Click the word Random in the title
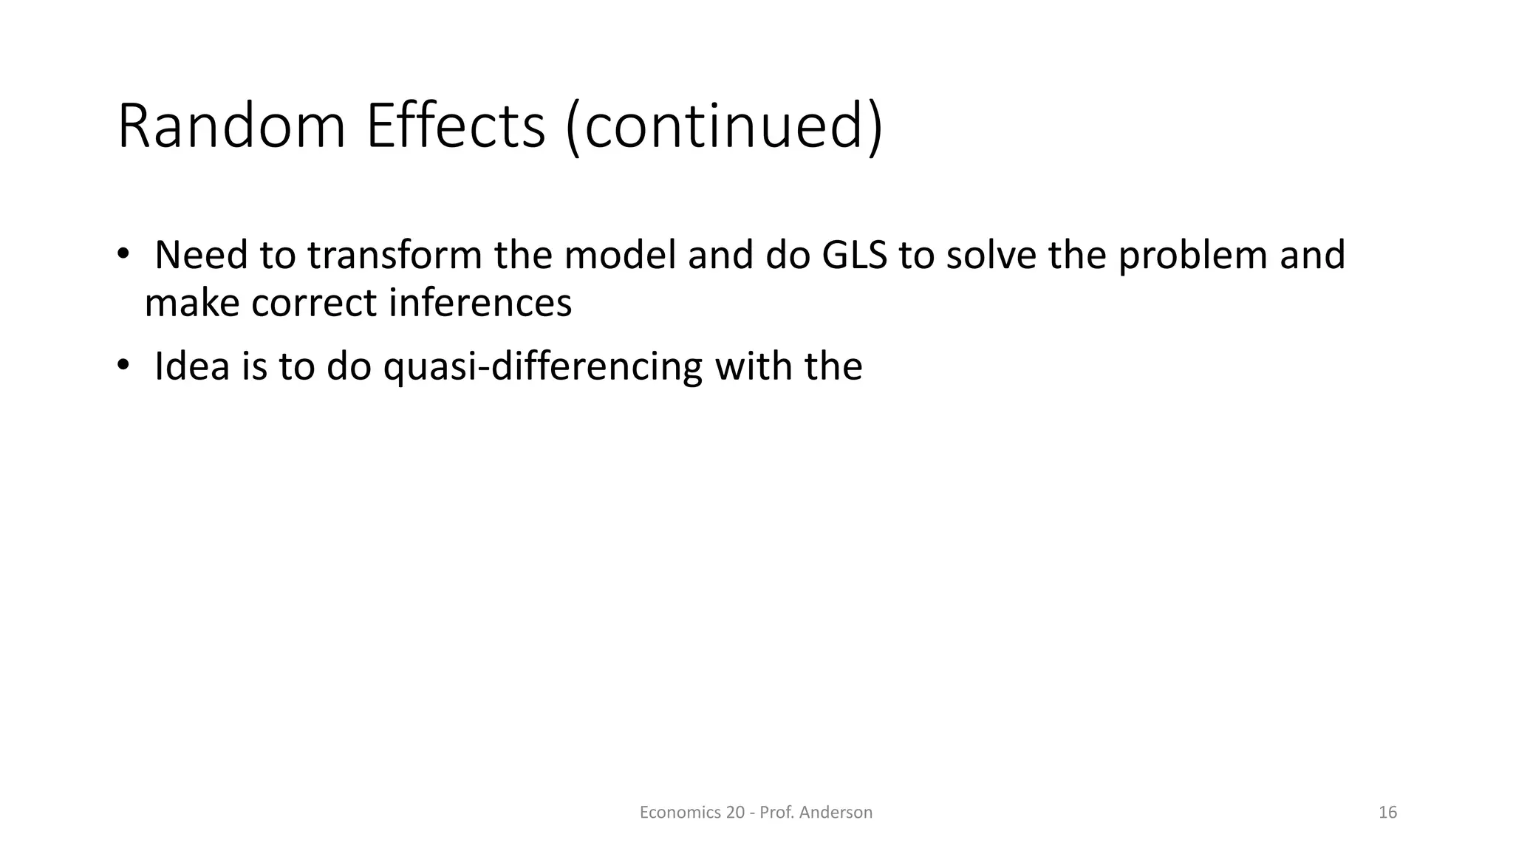[x=231, y=127]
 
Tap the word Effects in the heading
[x=455, y=127]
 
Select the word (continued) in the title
[x=724, y=127]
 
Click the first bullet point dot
[x=123, y=254]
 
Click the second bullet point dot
[x=123, y=366]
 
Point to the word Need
[x=201, y=256]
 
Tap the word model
[x=621, y=256]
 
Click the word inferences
[x=480, y=304]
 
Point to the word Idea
[x=192, y=366]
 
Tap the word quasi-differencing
[x=542, y=368]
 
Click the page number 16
[x=1387, y=813]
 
